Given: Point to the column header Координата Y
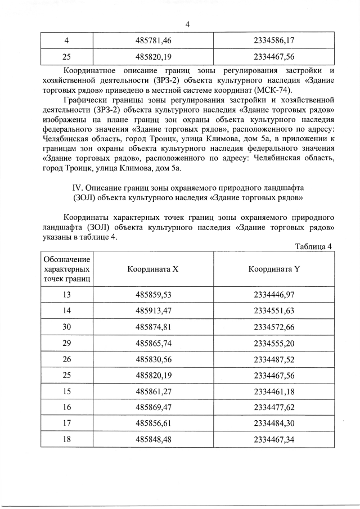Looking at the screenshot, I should coord(274,268).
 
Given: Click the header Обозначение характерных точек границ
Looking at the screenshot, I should coord(67,268).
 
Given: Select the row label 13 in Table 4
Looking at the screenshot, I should coord(67,294).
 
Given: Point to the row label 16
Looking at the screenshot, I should coord(67,406).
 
